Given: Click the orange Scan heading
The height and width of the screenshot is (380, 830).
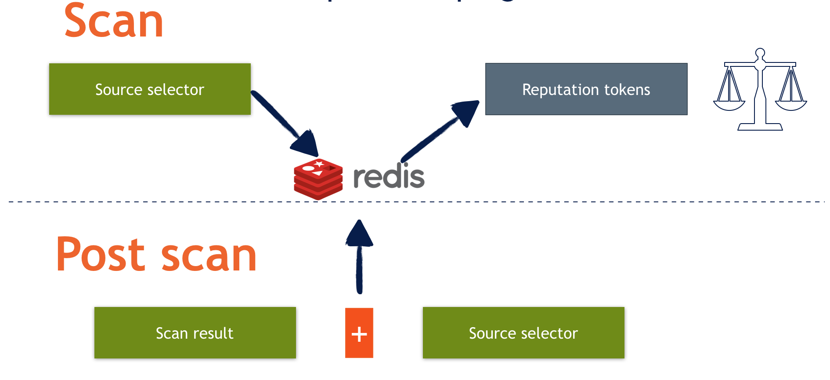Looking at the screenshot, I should click(114, 21).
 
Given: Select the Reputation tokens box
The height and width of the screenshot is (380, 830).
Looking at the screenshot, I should click(586, 89).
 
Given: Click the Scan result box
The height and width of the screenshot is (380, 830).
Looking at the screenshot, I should click(195, 333).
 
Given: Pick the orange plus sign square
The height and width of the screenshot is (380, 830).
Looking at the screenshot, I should click(359, 333).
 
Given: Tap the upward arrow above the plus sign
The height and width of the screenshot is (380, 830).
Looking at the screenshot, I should click(359, 255).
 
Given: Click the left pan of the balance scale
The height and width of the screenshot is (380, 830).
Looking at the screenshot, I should click(729, 105).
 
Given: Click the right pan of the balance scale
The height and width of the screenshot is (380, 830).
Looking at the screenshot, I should click(791, 105).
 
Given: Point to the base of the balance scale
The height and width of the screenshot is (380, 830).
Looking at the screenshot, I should click(760, 127).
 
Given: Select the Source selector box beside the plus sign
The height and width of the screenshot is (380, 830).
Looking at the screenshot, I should click(523, 333).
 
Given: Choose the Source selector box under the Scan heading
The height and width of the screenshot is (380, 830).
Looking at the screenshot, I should click(150, 89).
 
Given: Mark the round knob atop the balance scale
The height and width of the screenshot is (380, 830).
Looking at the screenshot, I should click(760, 54).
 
